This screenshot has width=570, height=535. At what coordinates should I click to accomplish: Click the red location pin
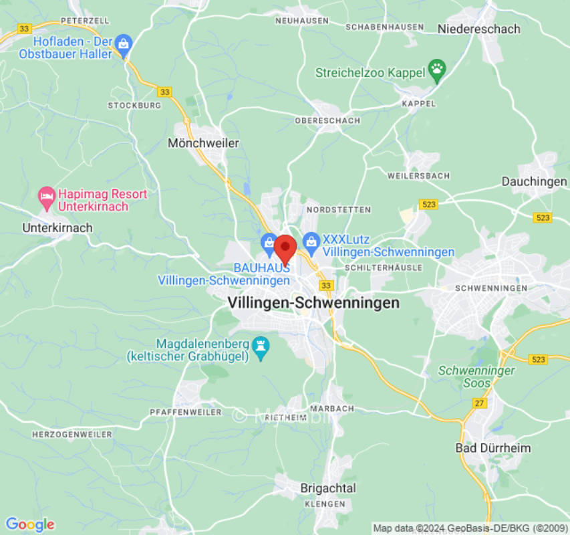[285, 249]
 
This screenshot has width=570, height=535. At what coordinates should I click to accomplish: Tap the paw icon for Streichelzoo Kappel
[437, 68]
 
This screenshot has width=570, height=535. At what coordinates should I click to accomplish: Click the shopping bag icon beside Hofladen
[123, 45]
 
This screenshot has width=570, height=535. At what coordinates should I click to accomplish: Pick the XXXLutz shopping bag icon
[311, 241]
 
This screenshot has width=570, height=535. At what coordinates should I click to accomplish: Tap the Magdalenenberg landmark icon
[261, 346]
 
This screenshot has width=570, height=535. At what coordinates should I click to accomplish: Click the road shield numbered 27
[479, 403]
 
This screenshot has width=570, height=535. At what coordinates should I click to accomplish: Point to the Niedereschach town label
[478, 29]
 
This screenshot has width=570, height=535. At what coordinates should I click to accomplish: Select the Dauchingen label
[534, 182]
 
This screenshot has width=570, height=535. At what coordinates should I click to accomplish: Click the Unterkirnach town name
[57, 228]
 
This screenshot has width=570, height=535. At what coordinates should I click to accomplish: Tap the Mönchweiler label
[203, 143]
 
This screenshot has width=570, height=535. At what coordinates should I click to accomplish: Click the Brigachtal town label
[328, 488]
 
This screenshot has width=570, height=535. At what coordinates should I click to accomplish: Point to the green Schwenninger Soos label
[476, 377]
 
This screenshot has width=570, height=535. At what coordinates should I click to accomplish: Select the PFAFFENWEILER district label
[186, 412]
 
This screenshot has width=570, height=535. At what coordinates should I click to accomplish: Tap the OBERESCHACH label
[327, 121]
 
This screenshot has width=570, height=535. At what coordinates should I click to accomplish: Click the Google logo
[29, 525]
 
